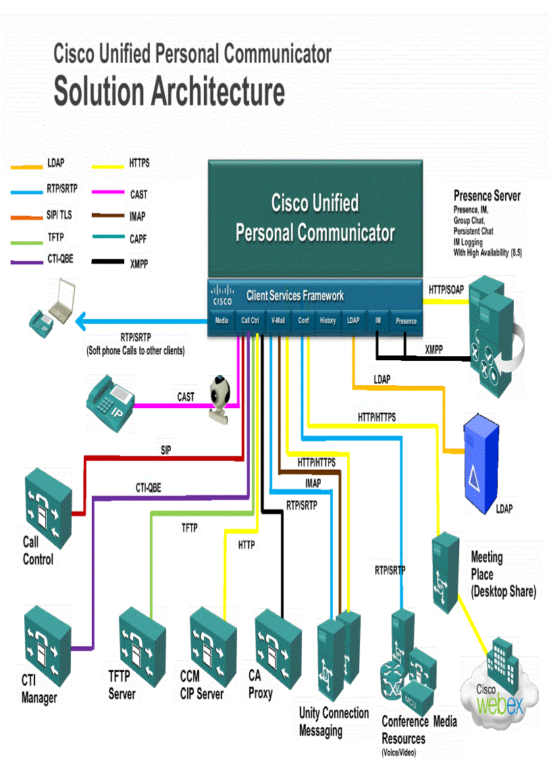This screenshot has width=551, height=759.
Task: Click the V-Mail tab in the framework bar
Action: click(x=278, y=321)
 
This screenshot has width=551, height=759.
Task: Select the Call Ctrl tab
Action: click(x=250, y=321)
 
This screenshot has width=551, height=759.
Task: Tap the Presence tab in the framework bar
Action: click(x=406, y=321)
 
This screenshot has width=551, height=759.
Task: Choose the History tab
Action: click(x=327, y=321)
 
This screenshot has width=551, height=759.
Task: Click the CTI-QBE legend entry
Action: click(x=60, y=259)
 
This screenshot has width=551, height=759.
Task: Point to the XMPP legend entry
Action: click(x=138, y=264)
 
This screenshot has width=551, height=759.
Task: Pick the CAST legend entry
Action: click(x=138, y=195)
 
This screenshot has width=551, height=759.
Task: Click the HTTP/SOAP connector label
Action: click(x=446, y=289)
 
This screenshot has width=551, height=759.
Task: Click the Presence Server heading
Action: click(x=487, y=196)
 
